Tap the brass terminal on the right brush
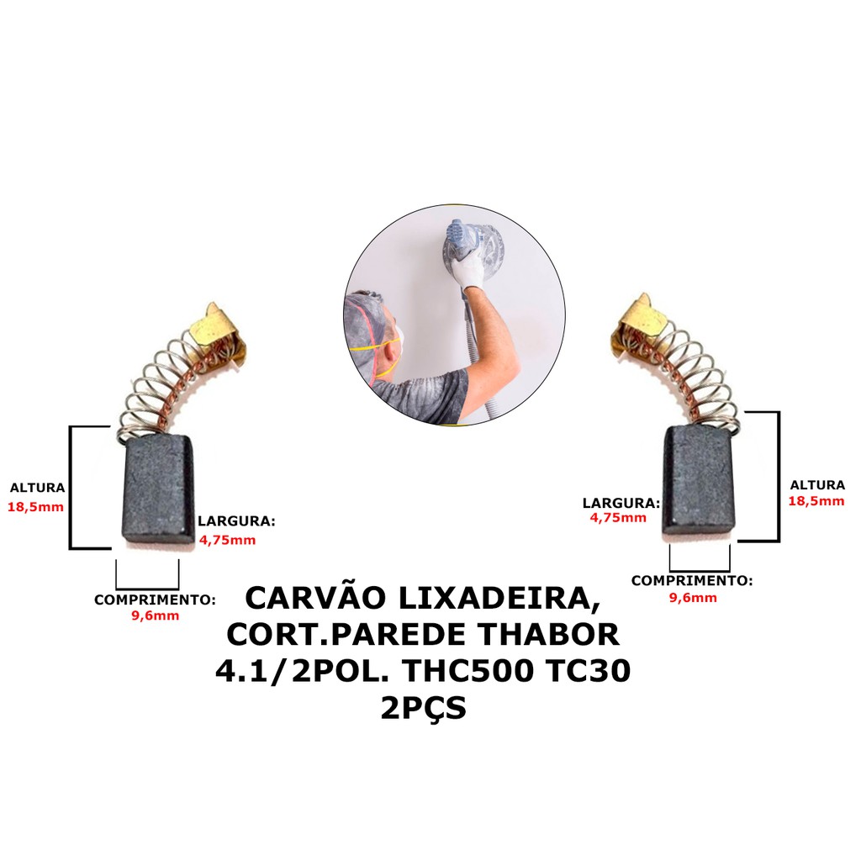point(643,319)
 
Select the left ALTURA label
point(37,488)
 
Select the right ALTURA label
point(817,484)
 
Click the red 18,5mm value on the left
point(37,507)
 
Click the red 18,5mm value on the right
point(816,501)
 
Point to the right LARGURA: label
point(621,503)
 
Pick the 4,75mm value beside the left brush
point(228,540)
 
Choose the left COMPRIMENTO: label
point(155,600)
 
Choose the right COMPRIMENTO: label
point(692,580)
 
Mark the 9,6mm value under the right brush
point(693,598)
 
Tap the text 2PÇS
point(423,709)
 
